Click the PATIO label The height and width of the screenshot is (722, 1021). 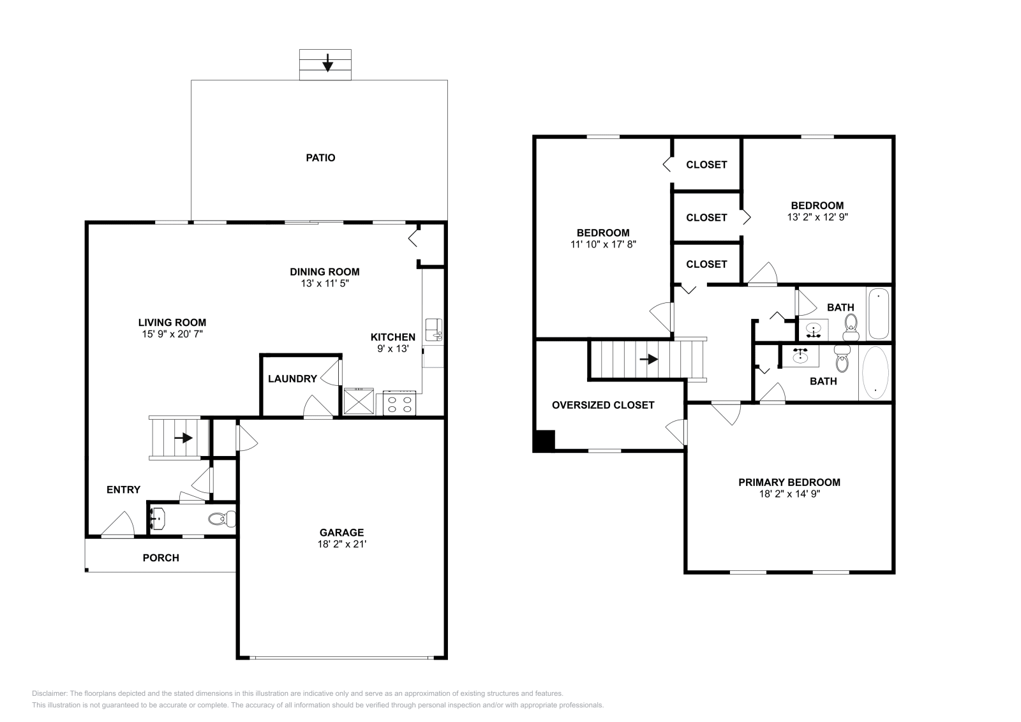tap(320, 158)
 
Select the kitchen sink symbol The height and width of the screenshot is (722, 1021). tap(435, 329)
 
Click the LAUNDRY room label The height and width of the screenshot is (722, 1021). tap(292, 379)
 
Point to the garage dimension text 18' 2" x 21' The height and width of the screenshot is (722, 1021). tap(342, 544)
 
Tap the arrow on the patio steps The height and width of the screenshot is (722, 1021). tap(327, 63)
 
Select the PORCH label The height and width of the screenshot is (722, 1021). tap(161, 558)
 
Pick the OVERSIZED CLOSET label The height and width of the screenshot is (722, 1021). tap(603, 405)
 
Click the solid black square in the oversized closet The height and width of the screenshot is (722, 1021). tap(544, 441)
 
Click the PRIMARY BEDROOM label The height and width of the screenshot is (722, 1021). tap(789, 482)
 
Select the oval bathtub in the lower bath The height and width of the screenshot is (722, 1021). tap(875, 372)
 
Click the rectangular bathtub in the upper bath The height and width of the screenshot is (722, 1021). tap(879, 313)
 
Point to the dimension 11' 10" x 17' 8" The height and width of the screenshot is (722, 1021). tap(604, 244)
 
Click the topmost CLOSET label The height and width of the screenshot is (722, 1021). tap(706, 165)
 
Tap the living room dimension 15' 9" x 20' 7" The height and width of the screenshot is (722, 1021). tap(172, 334)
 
